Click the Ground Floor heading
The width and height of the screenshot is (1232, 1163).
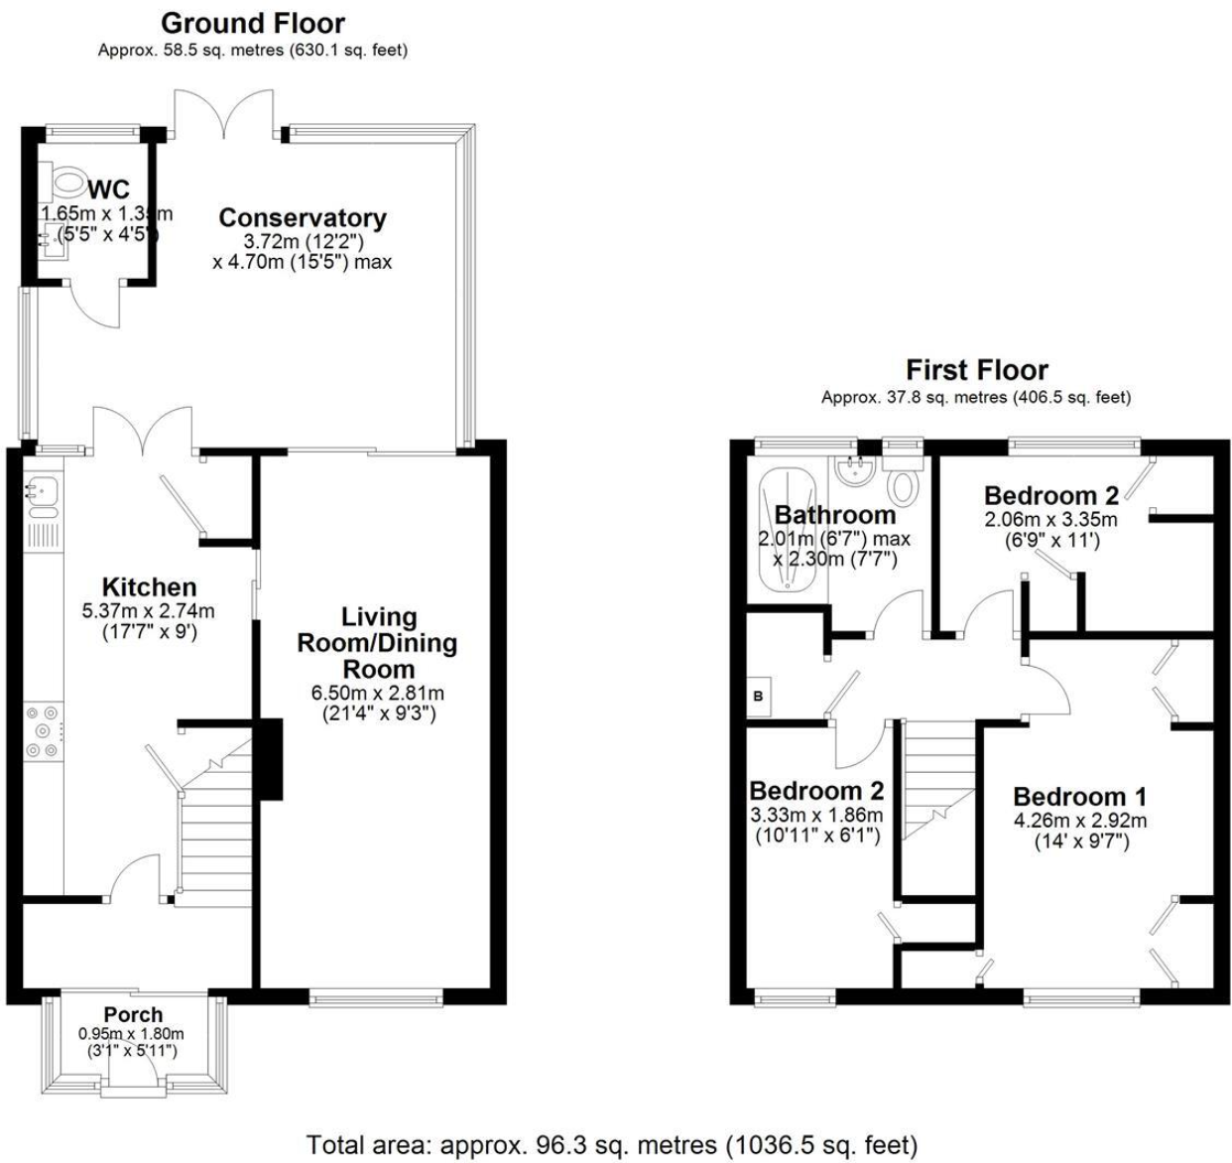(252, 23)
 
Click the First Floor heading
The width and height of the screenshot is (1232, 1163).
(976, 370)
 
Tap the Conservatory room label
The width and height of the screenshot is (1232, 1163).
(302, 217)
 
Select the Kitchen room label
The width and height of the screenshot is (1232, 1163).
(149, 586)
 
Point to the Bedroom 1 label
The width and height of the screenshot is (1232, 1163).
(1079, 797)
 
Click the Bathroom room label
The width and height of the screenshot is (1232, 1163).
(834, 515)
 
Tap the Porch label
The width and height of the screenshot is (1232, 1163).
(133, 1014)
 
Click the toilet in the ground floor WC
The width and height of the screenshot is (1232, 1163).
(67, 181)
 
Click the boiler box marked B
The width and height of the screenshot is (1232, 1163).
(759, 696)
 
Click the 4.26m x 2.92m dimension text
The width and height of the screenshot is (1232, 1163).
(1079, 821)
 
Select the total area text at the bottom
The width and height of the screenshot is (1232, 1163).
(612, 1144)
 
